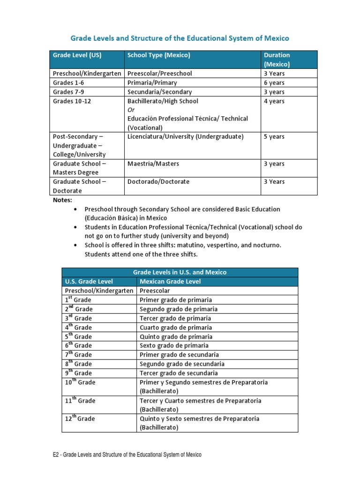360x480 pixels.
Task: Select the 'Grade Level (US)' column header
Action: [x=77, y=55]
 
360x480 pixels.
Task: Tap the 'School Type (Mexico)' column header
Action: [x=159, y=55]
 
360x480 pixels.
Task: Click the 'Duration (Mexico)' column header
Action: [x=277, y=60]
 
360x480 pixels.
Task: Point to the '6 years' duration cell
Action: [x=274, y=82]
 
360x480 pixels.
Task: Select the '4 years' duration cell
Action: [x=274, y=101]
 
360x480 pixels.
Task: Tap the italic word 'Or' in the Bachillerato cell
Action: [x=131, y=110]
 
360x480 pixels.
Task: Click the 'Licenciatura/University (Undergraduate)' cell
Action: [x=186, y=137]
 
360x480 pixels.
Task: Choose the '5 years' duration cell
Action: [x=274, y=137]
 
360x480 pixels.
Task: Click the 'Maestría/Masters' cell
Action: [x=153, y=164]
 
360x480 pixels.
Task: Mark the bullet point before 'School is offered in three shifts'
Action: [x=75, y=245]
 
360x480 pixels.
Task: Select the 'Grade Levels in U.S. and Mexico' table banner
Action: [x=180, y=272]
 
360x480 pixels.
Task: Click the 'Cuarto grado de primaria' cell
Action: [x=176, y=328]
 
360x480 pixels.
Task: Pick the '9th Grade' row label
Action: [x=78, y=373]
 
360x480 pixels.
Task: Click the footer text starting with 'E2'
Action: [x=127, y=455]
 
